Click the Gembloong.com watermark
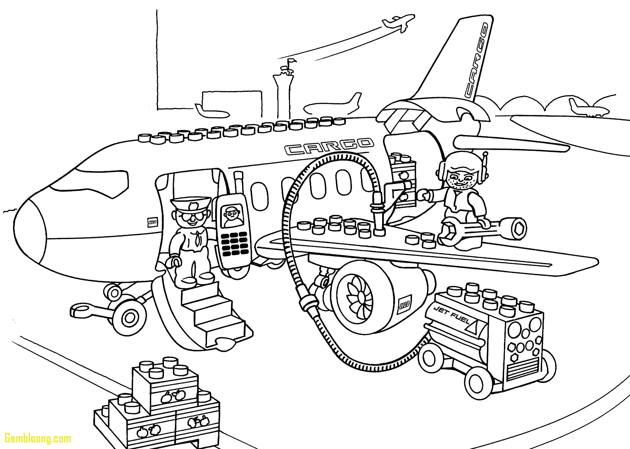point(36,438)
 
